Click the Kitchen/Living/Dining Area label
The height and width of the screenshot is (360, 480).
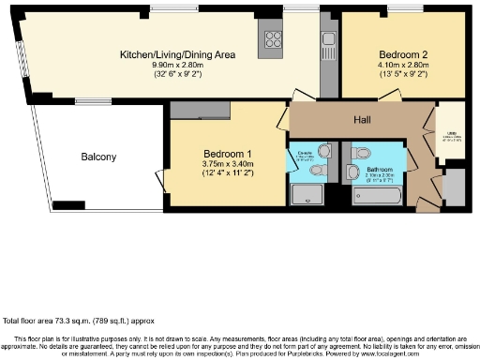[176, 54]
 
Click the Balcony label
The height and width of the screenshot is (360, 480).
[98, 157]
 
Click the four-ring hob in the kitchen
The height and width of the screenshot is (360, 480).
[274, 39]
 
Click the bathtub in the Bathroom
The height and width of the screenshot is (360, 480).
[376, 197]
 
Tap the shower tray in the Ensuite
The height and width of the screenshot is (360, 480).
[307, 194]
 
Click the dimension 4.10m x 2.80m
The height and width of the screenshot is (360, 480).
[401, 67]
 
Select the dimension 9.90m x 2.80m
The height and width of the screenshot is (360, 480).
[176, 65]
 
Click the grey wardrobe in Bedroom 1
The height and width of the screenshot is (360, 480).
[201, 110]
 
